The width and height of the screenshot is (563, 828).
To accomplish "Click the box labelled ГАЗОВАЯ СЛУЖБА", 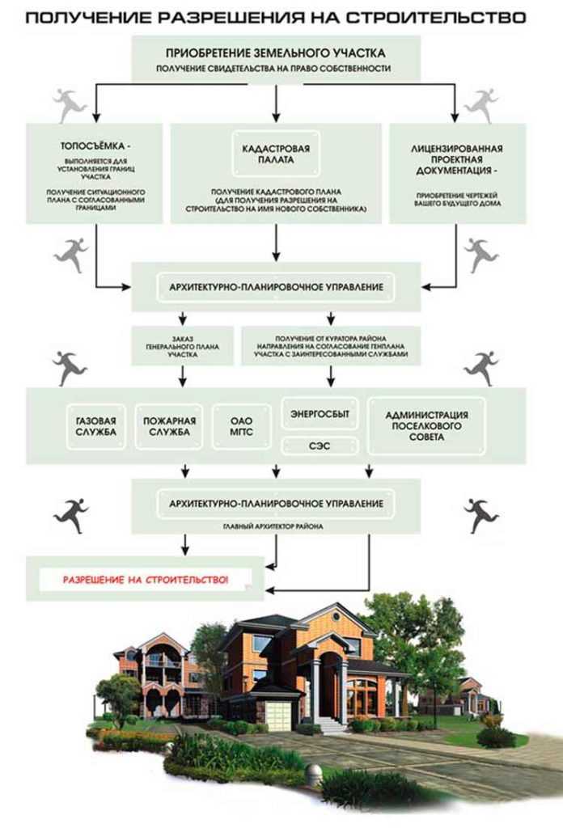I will pos(95,425).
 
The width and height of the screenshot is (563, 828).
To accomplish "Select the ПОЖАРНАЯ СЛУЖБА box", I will pos(167,425).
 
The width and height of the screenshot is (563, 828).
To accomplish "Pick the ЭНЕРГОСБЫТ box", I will pos(320,414).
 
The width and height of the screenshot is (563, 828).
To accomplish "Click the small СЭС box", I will pos(320,445).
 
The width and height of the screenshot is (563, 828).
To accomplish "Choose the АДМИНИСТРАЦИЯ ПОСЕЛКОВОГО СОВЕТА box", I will pos(426,425).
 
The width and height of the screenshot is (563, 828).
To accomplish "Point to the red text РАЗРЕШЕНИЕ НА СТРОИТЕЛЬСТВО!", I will pos(146,580).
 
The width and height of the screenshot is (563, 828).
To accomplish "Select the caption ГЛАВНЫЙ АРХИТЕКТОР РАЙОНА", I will pos(277,526).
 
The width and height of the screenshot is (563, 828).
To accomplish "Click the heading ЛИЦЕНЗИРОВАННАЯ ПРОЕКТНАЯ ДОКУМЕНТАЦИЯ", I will pos(457,160).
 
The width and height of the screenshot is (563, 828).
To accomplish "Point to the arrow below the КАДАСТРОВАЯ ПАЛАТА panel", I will pos(277,241).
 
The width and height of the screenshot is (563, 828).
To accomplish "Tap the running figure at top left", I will pos(70,103).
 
